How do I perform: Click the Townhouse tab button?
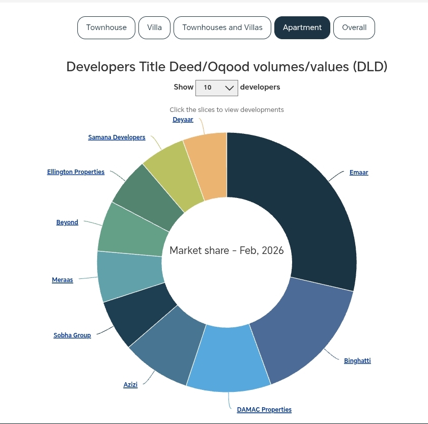pyautogui.click(x=106, y=27)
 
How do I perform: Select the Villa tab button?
pyautogui.click(x=154, y=27)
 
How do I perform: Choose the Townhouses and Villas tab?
pyautogui.click(x=222, y=27)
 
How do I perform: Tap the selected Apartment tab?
pyautogui.click(x=302, y=27)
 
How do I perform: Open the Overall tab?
pyautogui.click(x=354, y=27)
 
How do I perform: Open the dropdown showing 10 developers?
pyautogui.click(x=217, y=88)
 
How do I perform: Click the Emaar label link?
pyautogui.click(x=359, y=173)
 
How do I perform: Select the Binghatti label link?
pyautogui.click(x=357, y=361)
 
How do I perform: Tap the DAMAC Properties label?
pyautogui.click(x=264, y=410)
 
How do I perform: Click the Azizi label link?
pyautogui.click(x=130, y=385)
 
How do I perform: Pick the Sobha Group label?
pyautogui.click(x=72, y=335)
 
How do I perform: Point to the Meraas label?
pyautogui.click(x=63, y=280)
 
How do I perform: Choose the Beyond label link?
pyautogui.click(x=67, y=222)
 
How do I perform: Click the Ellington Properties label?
pyautogui.click(x=76, y=172)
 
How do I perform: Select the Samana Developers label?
pyautogui.click(x=117, y=137)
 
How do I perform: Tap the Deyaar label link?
pyautogui.click(x=183, y=120)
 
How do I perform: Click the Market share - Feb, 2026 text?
pyautogui.click(x=226, y=251)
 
